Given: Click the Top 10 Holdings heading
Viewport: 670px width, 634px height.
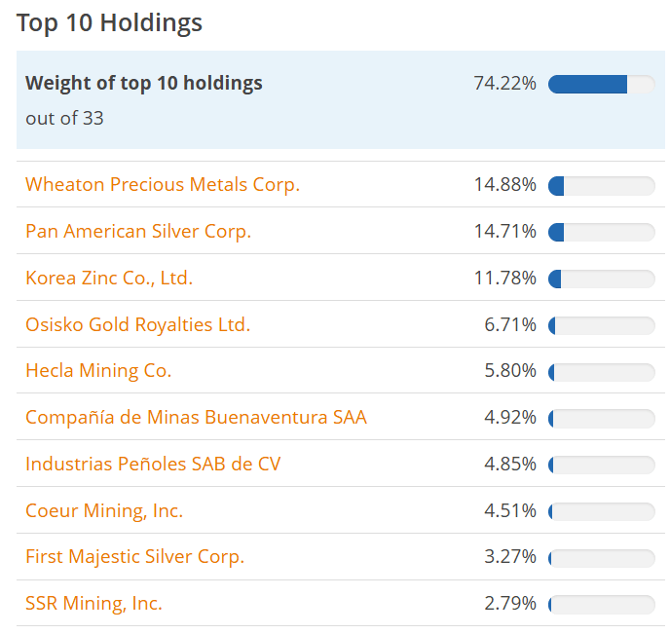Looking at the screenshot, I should point(109,22).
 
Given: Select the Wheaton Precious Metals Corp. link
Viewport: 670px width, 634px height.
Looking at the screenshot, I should point(163,184).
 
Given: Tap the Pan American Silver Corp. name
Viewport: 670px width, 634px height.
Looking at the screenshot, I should point(138,231).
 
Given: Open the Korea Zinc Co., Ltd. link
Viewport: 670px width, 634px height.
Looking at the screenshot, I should point(109,278).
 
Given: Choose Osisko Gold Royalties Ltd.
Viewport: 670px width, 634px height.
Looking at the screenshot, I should point(137,324).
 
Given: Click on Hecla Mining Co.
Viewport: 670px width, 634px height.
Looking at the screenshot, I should point(98,370).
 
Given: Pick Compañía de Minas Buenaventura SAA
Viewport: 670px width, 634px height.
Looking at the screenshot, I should point(196,417).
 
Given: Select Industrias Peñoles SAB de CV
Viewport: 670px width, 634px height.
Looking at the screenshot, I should point(153,464).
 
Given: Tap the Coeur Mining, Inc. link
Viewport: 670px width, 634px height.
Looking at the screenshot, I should point(104,510).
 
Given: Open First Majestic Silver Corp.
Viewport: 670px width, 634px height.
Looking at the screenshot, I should point(134,556).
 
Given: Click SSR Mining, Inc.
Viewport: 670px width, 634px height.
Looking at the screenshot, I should point(93,603).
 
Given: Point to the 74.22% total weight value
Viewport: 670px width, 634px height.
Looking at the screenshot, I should point(504,84).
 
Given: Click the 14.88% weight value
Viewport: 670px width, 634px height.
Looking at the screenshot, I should point(504,184).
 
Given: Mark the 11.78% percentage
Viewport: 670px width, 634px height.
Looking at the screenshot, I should point(504,278).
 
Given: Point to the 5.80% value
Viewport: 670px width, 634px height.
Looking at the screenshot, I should point(510,370).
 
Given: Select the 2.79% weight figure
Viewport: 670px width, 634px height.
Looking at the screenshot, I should point(510,603).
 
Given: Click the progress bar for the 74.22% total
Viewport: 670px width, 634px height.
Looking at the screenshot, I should point(601,84).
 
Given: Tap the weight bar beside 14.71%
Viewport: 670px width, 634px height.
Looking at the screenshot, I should point(601,232).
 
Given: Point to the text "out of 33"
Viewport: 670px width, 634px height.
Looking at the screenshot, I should point(64,118).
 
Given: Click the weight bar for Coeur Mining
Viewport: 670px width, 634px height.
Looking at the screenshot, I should point(601,511).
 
